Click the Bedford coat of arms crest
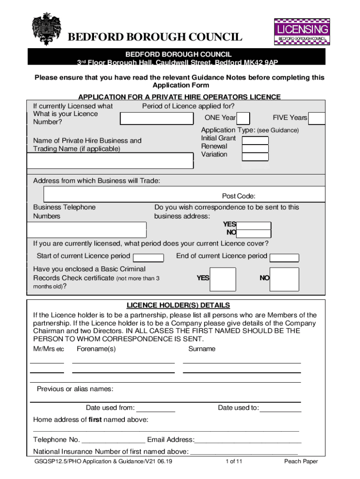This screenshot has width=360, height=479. (x=46, y=29)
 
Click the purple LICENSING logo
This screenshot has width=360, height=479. (x=301, y=31)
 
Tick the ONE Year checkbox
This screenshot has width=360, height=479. (x=244, y=118)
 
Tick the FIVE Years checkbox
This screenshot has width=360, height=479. (x=317, y=118)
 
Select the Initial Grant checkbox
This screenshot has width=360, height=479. (x=255, y=140)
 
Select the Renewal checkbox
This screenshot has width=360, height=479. (x=255, y=148)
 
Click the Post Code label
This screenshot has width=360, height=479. (x=238, y=196)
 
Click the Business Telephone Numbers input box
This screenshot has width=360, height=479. (x=87, y=230)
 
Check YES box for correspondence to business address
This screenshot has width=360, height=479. (x=254, y=225)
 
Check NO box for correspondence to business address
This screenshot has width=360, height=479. (x=254, y=233)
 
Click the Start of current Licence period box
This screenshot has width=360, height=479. (x=148, y=257)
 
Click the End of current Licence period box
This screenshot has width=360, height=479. (x=284, y=257)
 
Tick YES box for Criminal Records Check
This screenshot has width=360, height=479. (x=223, y=279)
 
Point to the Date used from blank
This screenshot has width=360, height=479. (x=156, y=409)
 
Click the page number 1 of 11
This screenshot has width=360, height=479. (x=234, y=462)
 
